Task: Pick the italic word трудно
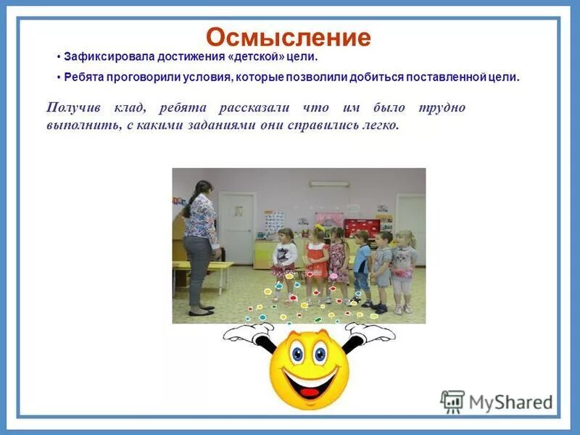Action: [442, 107]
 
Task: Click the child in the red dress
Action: [317, 257]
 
